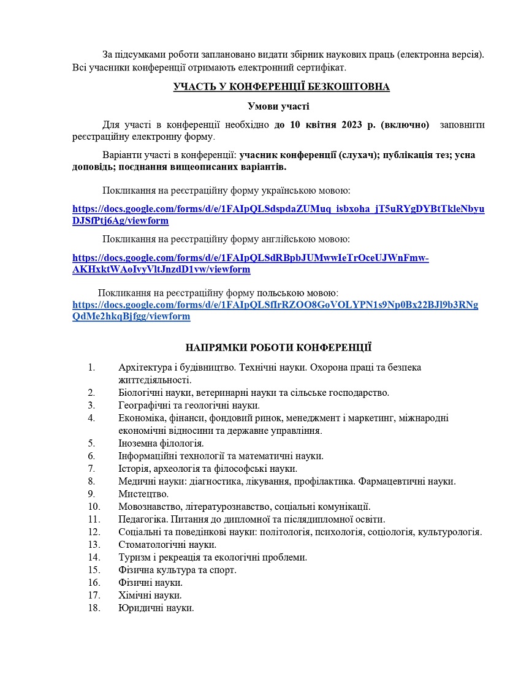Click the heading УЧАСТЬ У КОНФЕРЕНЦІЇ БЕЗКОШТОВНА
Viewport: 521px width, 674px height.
click(281, 86)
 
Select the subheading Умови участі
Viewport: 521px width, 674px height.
click(278, 106)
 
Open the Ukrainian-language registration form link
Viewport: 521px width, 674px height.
click(278, 214)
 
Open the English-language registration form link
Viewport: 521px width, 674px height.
click(250, 263)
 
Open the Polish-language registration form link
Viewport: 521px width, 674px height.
click(275, 310)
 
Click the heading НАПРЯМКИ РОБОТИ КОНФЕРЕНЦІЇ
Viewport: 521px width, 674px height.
click(278, 348)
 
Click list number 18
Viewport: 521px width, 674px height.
click(94, 608)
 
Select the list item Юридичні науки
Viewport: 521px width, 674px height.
click(156, 608)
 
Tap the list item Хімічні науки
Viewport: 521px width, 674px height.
click(150, 596)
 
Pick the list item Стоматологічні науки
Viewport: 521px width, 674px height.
click(167, 544)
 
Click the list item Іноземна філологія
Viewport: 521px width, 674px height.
click(161, 442)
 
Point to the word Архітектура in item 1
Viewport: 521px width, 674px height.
click(145, 368)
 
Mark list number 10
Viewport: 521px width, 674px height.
click(94, 506)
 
